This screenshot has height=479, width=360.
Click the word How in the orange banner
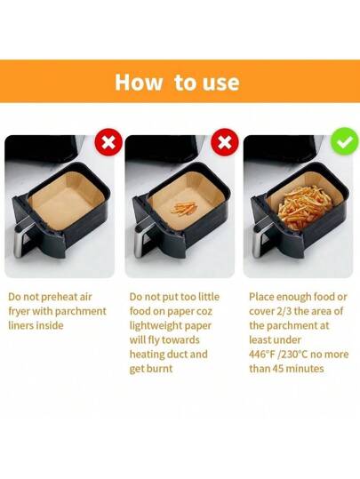pos(139,82)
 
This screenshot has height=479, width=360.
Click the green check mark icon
pos(345,141)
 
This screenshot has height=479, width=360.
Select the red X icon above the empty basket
pos(108,142)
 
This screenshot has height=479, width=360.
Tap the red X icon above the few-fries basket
pos(225,142)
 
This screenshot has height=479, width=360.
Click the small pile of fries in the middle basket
pos(183,208)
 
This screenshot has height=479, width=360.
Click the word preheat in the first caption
pos(55,297)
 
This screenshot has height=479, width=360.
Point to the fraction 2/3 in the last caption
pos(284,312)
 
